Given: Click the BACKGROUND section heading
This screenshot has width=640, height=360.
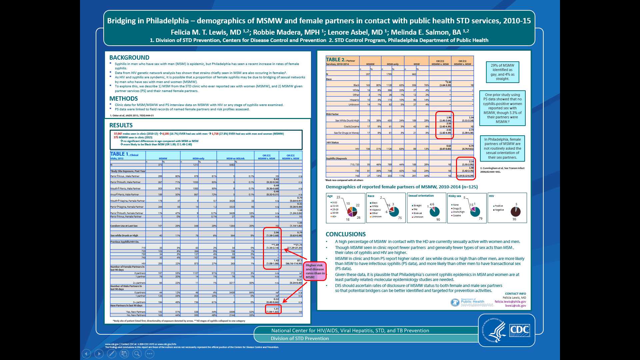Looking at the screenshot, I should pos(129,58).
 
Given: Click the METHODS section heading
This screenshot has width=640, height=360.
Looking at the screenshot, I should pos(123,99).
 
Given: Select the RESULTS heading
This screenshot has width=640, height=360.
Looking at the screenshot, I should pos(121,125).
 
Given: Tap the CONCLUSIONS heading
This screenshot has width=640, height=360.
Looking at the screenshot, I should pos(346,234).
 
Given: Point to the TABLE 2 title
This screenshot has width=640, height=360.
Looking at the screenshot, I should pos(335,60).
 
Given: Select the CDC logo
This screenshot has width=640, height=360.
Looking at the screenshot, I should pos(520,330).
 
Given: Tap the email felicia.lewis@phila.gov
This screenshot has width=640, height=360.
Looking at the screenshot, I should pos(510,302).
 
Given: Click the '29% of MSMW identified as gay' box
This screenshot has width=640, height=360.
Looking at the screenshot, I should pos(502,72).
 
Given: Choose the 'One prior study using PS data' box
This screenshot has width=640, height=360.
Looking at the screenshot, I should pos(502,108).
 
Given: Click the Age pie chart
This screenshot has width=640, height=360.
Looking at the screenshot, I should pos(352,211).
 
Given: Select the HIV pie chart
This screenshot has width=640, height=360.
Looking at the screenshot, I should pos(515,211).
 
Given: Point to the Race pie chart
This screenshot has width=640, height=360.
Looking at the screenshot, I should pos(394,211).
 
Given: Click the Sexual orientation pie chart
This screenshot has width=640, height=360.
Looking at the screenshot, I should pos(434,211).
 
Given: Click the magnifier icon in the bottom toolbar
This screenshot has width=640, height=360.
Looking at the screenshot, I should pos(137,354).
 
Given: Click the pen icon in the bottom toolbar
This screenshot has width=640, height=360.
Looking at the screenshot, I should pos(112,354).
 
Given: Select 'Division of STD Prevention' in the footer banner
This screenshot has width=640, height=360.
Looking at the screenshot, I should pos(300,338).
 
